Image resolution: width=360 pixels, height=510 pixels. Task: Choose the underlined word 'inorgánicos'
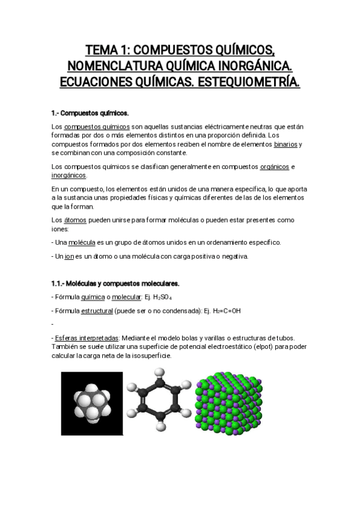[69, 174]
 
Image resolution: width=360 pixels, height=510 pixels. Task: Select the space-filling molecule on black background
[92, 404]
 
